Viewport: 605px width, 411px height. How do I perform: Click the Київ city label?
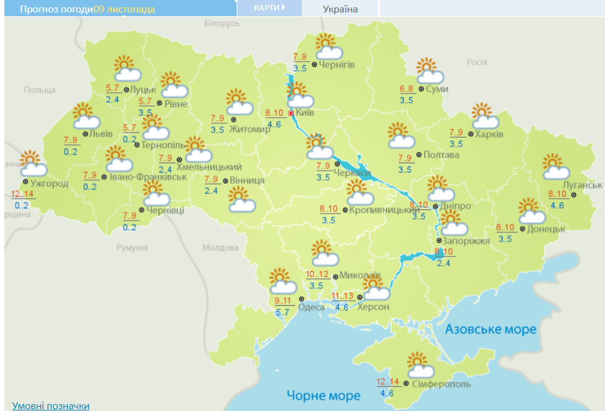pyautogui.click(x=305, y=113)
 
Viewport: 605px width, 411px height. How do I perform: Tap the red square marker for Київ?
pyautogui.click(x=291, y=113)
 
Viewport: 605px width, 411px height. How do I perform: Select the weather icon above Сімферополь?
pyautogui.click(x=422, y=364)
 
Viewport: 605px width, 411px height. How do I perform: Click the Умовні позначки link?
pyautogui.click(x=50, y=405)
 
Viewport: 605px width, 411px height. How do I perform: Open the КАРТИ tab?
pyautogui.click(x=269, y=8)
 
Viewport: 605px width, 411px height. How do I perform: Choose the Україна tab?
pyautogui.click(x=340, y=9)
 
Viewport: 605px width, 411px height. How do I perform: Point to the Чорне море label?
pyautogui.click(x=323, y=395)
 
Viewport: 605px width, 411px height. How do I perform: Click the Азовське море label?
pyautogui.click(x=491, y=329)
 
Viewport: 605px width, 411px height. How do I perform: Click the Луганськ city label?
pyautogui.click(x=582, y=185)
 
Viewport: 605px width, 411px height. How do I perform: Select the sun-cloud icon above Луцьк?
pyautogui.click(x=126, y=68)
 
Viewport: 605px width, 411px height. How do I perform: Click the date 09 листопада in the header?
pyautogui.click(x=124, y=9)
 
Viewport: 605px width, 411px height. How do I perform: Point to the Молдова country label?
pyautogui.click(x=216, y=247)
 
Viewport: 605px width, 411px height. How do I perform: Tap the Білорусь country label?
pyautogui.click(x=221, y=23)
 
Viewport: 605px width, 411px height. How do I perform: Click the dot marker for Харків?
pyautogui.click(x=471, y=134)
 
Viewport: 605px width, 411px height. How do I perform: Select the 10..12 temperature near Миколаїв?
pyautogui.click(x=318, y=274)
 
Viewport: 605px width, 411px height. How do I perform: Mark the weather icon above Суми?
pyautogui.click(x=429, y=71)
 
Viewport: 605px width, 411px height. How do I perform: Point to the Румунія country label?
pyautogui.click(x=132, y=247)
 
